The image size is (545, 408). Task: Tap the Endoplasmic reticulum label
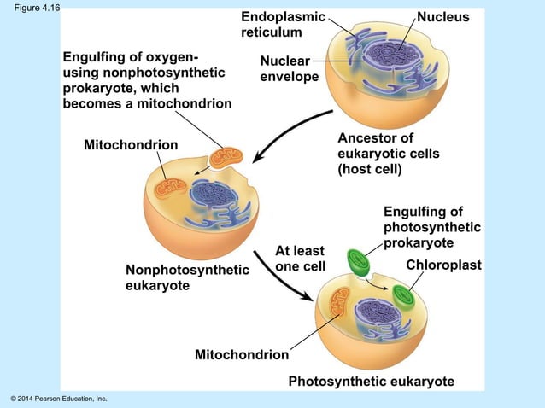(282, 25)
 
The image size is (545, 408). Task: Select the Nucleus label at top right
(442, 17)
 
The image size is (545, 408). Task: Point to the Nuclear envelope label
(289, 69)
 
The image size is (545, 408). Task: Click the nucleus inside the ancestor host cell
(396, 54)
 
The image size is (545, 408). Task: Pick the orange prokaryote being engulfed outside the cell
(227, 157)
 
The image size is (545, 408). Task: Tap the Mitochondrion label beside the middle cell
(131, 145)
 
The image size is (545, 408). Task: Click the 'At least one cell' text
(300, 258)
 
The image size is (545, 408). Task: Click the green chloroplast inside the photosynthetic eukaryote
(402, 296)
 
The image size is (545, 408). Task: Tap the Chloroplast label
(443, 265)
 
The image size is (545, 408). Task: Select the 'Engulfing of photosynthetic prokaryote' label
(431, 227)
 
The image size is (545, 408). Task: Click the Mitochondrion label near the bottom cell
(241, 354)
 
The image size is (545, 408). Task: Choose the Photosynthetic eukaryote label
(371, 382)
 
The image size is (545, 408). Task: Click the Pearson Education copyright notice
(58, 399)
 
